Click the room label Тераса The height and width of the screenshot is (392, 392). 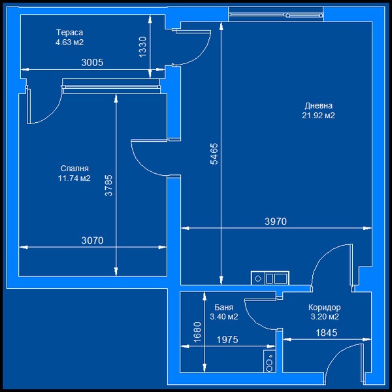pos(69,33)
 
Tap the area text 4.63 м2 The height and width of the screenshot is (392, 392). pos(69,42)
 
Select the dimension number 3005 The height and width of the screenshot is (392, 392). pos(92,63)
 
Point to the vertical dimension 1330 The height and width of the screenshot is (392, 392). pos(142,47)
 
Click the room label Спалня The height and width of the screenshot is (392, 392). pos(74,169)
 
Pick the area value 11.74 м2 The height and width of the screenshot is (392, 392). pos(74,178)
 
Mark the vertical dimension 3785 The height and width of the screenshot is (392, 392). pos(108,186)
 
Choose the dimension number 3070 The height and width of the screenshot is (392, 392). pos(92,240)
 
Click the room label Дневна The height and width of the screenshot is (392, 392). pos(319,106)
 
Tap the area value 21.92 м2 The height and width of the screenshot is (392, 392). pos(318,116)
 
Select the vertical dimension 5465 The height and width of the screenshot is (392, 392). pos(214,154)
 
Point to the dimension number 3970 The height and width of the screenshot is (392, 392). pos(276,221)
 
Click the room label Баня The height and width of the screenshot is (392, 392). pos(223,307)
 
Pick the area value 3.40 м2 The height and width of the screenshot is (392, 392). pos(223,317)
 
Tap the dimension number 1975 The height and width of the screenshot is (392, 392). pos(227,340)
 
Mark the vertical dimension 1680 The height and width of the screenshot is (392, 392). pos(197,333)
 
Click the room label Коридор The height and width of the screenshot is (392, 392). pos(325,307)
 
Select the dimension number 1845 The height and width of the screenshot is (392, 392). pos(326,333)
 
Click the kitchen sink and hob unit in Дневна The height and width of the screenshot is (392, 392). pos(270,278)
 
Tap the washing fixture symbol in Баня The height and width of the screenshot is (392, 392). pos(269,361)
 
